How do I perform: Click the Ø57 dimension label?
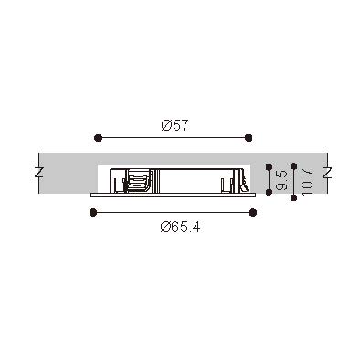coord(175,125)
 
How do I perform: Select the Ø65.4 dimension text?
coord(180,227)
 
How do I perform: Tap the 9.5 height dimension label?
coord(282,180)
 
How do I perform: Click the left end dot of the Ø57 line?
coord(98,138)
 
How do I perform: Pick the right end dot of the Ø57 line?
coord(249,138)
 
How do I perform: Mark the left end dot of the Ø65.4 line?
coord(93,212)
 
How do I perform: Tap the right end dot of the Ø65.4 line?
coord(253,212)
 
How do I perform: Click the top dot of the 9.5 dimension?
coord(269,167)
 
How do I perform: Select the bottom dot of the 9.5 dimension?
coord(269,192)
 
